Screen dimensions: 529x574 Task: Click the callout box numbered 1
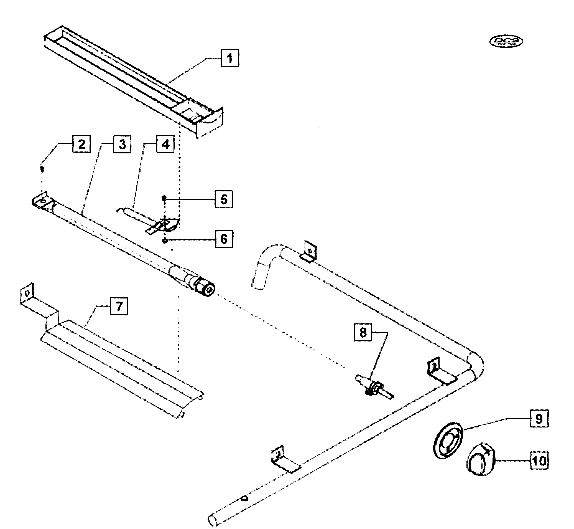[x=230, y=58]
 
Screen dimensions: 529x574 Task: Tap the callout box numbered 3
[x=122, y=144]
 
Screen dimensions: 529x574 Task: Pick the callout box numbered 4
[x=165, y=144]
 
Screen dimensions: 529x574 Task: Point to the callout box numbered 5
[x=224, y=199]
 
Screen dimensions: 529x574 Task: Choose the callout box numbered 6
[x=224, y=239]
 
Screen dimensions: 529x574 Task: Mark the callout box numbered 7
[x=119, y=306]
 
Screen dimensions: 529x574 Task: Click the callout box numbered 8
[x=363, y=332]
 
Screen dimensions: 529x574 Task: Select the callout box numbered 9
[x=539, y=419]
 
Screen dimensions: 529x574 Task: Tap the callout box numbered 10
[x=539, y=460]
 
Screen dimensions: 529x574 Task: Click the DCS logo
[x=506, y=42]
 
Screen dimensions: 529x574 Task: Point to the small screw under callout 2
[x=42, y=169]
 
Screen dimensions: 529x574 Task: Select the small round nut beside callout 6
[x=165, y=241]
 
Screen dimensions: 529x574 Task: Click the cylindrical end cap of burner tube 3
[x=205, y=289]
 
